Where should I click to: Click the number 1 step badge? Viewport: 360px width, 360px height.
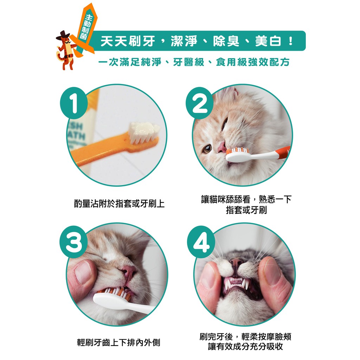(x=74, y=103)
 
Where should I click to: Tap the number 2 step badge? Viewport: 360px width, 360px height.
(x=200, y=103)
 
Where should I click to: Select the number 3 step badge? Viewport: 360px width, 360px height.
(x=74, y=242)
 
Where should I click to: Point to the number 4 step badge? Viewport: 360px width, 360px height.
(x=201, y=242)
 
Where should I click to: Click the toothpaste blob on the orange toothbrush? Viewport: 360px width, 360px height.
(x=144, y=130)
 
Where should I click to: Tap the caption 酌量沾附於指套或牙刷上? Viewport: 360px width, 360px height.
(x=119, y=204)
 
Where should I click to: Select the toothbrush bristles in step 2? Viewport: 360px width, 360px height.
(x=237, y=151)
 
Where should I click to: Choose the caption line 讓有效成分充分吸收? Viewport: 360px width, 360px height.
(x=245, y=347)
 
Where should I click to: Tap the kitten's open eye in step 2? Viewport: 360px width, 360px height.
(x=207, y=149)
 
